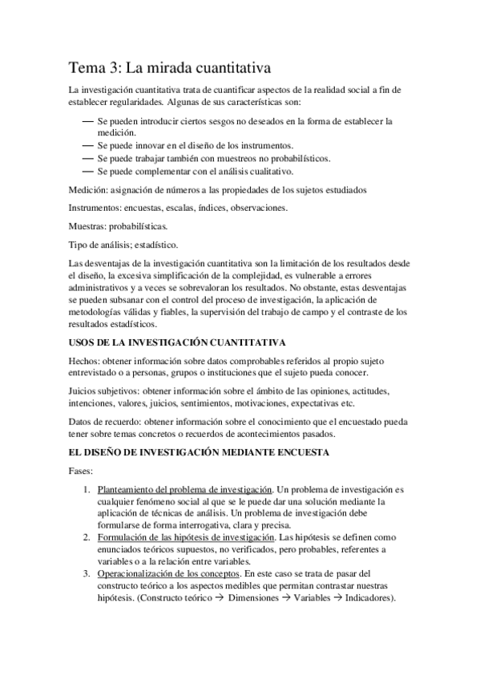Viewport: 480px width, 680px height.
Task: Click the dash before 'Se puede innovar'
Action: point(87,146)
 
